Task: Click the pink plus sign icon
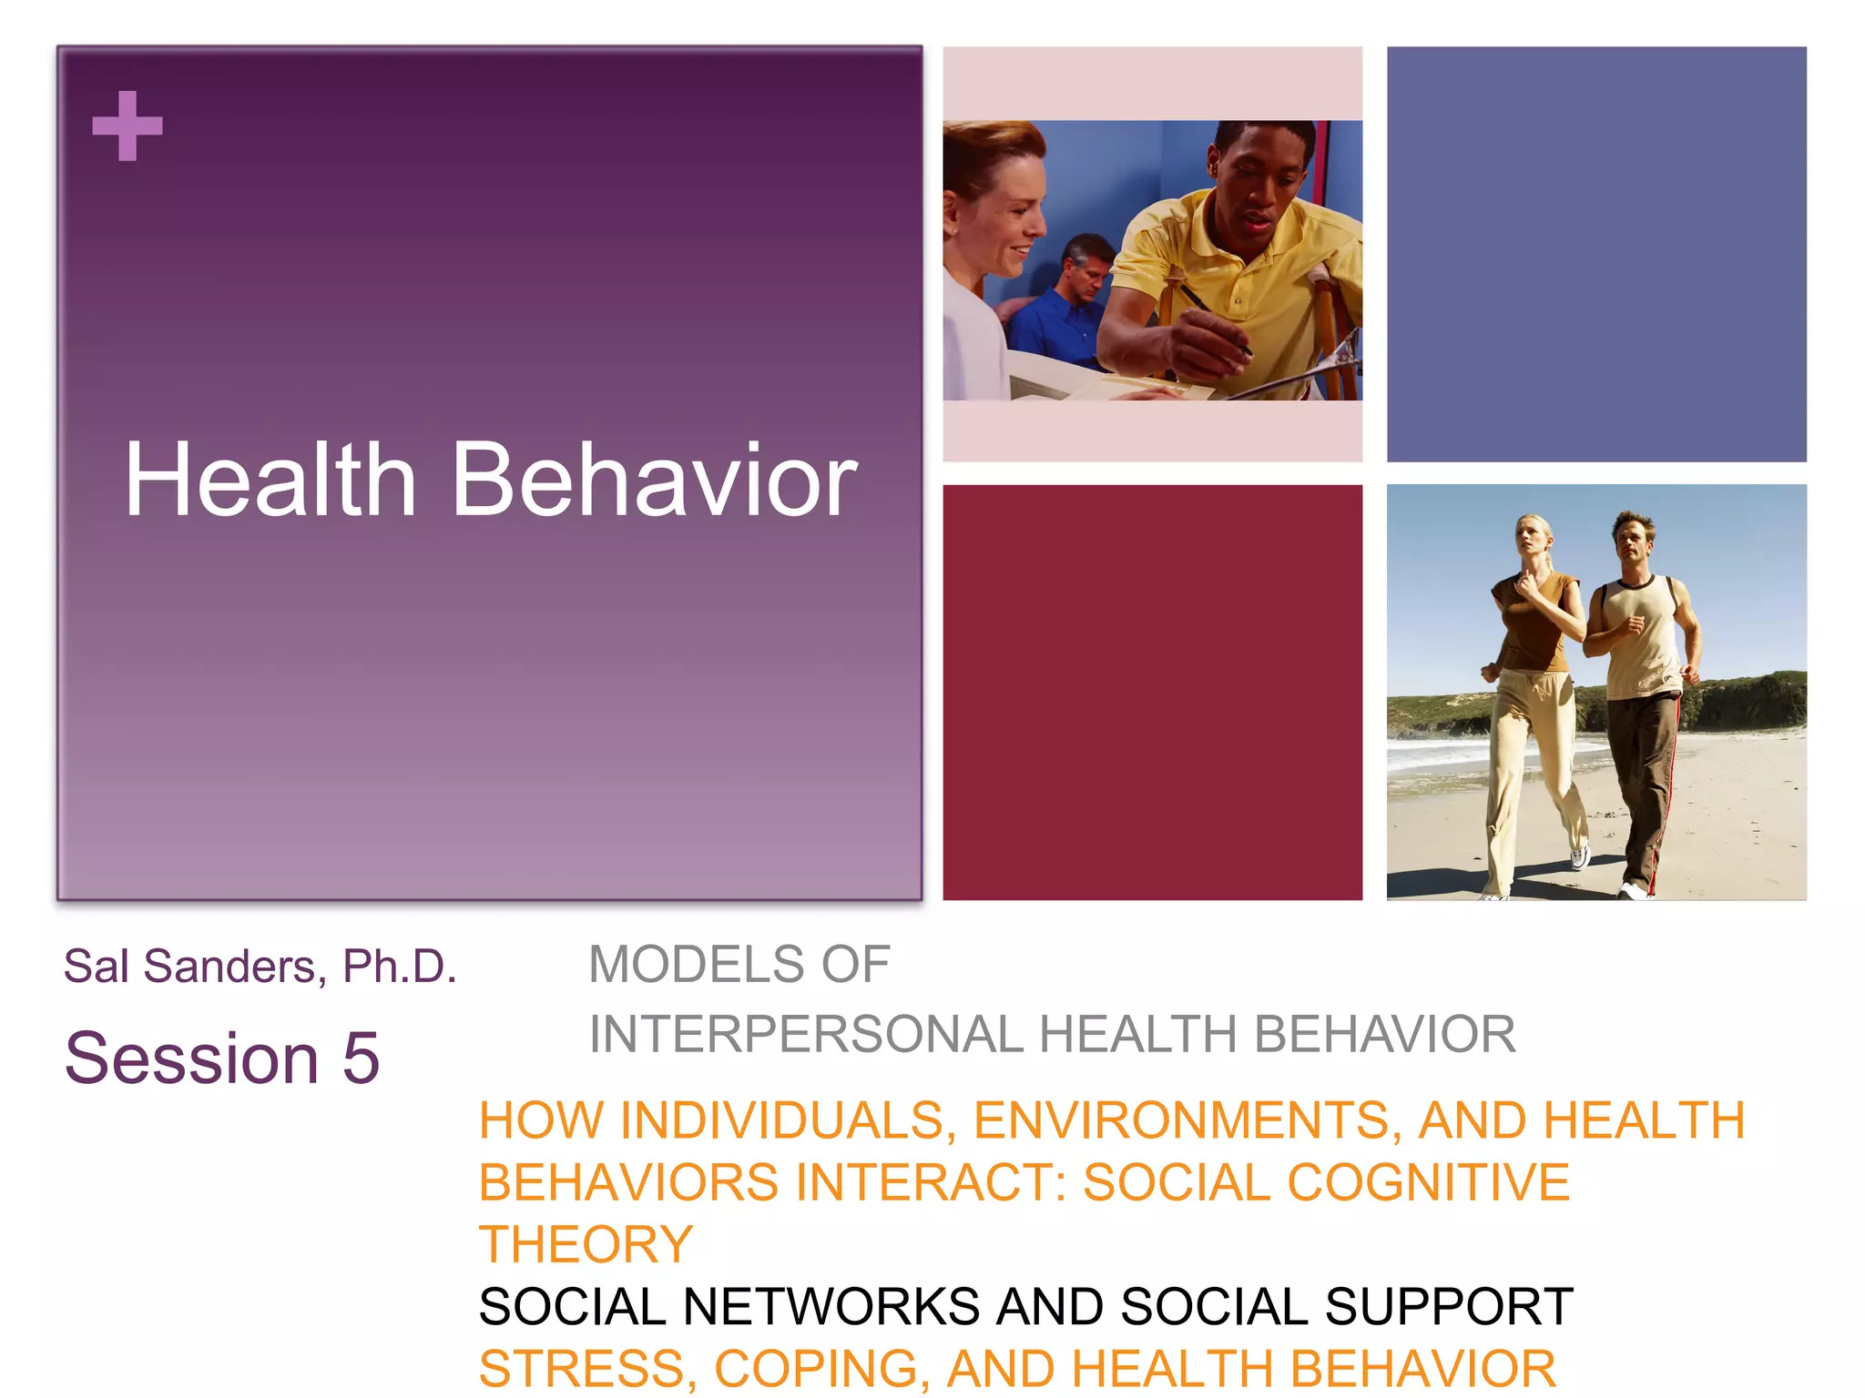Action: point(127,126)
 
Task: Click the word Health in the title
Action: point(270,480)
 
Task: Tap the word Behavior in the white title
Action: point(654,480)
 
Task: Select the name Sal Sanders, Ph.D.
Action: point(260,966)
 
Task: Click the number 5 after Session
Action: point(361,1059)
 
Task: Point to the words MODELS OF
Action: point(739,965)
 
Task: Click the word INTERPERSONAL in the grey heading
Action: point(806,1035)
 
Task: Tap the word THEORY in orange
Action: point(586,1244)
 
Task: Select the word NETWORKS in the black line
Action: point(831,1307)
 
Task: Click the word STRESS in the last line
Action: point(583,1369)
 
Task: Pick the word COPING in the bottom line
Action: point(822,1369)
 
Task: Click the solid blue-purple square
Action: point(1595,254)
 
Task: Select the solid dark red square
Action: point(1152,692)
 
